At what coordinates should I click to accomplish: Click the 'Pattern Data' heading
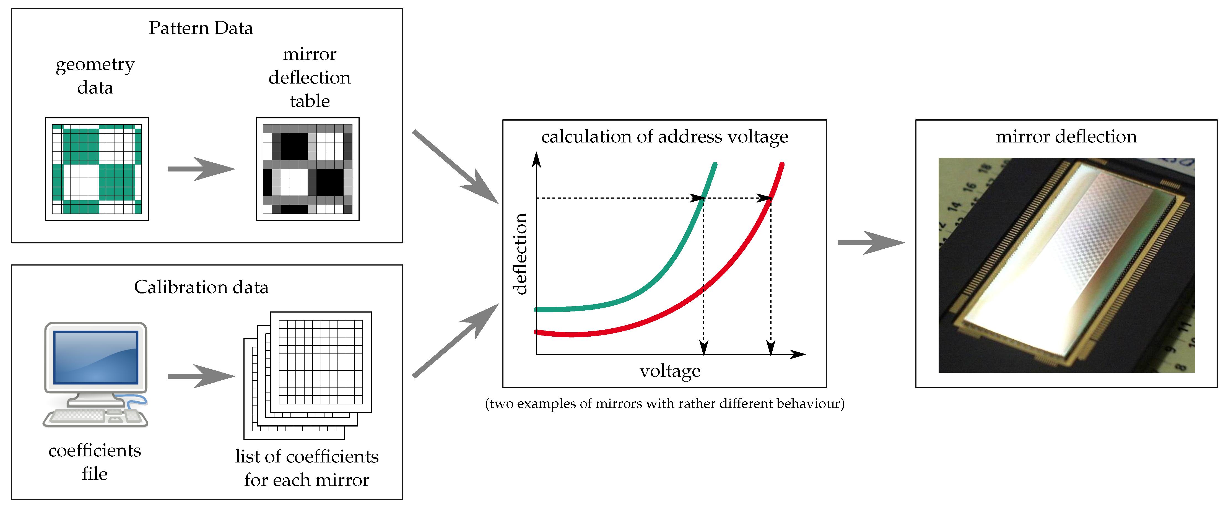pos(201,28)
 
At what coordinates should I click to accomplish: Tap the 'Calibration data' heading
pos(201,287)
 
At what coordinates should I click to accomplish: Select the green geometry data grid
pos(97,169)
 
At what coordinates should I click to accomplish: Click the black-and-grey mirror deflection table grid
pos(307,169)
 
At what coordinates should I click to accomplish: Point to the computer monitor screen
pos(95,357)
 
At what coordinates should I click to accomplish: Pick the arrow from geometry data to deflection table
pos(201,169)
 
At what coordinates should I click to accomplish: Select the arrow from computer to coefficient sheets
pos(201,376)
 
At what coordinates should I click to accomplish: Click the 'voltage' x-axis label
pos(670,371)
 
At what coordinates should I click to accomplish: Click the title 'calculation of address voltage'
pos(664,137)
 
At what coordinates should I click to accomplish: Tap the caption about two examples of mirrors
pos(664,404)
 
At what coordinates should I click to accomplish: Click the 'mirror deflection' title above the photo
pos(1066,137)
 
